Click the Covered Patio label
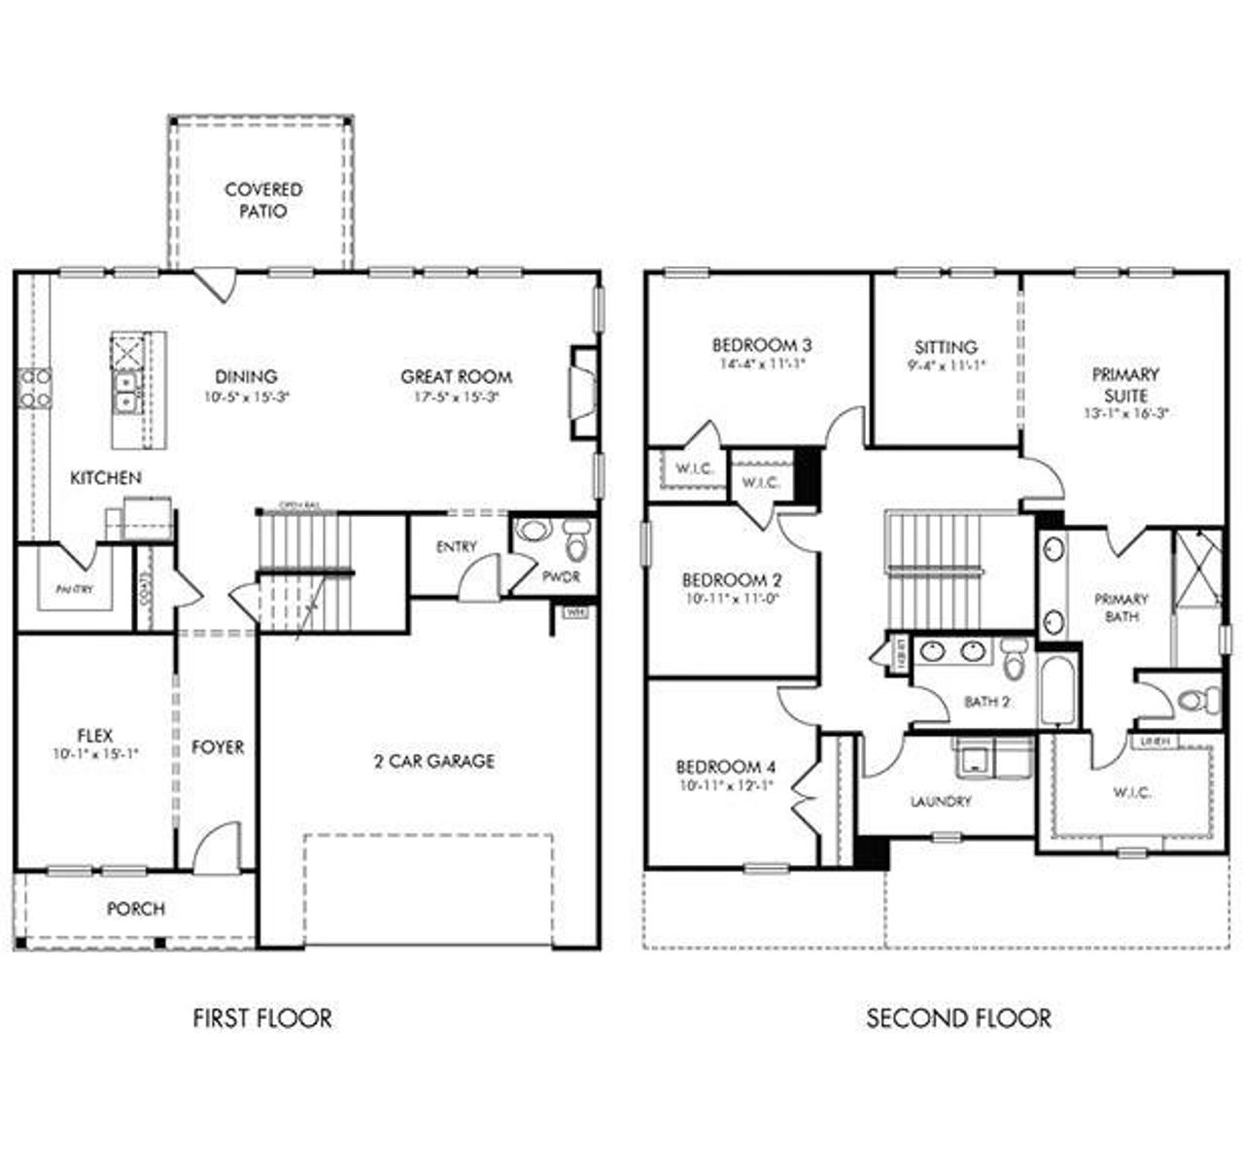point(263,200)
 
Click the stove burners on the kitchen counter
point(35,388)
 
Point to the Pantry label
point(75,589)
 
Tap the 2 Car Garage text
point(434,761)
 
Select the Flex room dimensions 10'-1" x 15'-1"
point(96,753)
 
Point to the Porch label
point(135,909)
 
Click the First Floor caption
point(262,1018)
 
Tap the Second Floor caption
point(958,1018)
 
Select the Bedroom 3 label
point(761,345)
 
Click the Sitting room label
point(946,347)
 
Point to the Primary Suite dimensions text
point(1125,412)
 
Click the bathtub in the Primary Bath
point(1054,691)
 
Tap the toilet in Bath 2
point(1015,661)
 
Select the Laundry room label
point(941,802)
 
